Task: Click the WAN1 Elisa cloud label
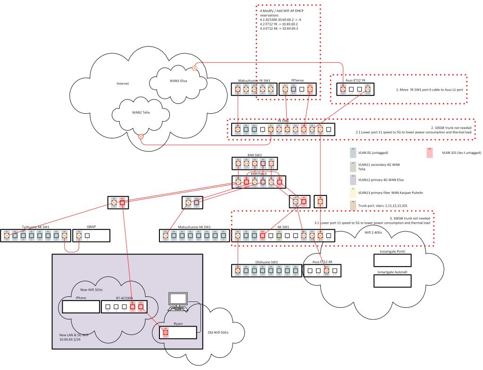click(x=178, y=81)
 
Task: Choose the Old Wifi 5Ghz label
click(x=219, y=333)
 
